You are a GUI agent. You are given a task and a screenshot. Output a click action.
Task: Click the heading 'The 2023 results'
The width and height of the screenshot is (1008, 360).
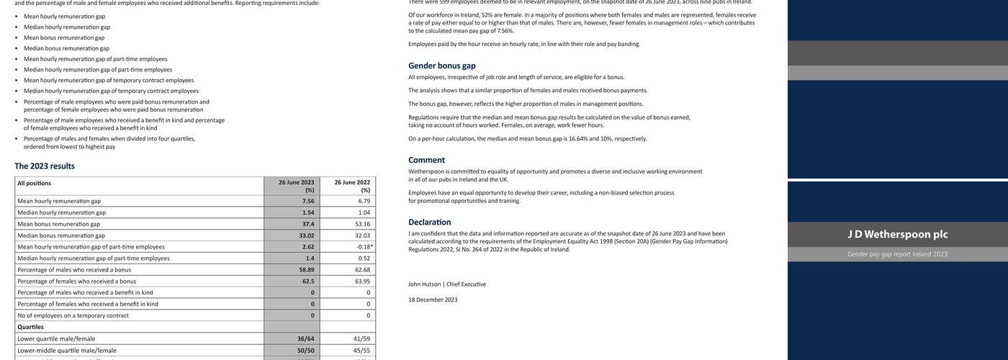pos(45,166)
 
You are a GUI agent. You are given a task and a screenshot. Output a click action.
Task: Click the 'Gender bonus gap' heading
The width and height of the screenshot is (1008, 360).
pos(441,66)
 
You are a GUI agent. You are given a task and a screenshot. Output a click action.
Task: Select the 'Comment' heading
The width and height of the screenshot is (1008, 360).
pos(426,160)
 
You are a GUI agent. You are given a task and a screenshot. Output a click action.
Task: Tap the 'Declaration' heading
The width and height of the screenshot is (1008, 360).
pos(429,222)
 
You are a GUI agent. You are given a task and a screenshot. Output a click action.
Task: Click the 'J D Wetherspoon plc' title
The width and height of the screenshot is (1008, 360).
pos(897,234)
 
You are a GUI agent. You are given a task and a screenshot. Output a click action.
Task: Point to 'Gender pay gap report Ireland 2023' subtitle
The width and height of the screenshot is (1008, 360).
pos(897,254)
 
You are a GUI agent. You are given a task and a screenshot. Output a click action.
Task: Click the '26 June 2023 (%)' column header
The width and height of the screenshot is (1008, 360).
pos(296,186)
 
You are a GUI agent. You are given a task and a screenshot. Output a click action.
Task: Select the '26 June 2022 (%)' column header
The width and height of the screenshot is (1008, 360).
pos(351,186)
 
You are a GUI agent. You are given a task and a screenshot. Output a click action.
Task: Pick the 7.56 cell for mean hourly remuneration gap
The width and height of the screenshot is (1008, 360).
pos(308,201)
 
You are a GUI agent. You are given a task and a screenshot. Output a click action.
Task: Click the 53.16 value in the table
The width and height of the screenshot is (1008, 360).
pos(362,224)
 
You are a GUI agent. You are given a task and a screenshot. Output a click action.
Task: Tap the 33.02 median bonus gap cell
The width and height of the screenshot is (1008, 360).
pos(307,235)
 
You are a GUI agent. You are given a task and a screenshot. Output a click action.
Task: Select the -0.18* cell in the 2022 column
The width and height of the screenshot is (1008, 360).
pos(364,247)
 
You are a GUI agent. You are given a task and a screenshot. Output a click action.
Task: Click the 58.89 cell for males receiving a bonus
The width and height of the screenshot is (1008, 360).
pos(307,270)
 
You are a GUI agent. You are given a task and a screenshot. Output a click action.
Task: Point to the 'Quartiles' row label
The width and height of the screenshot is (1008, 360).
pos(30,327)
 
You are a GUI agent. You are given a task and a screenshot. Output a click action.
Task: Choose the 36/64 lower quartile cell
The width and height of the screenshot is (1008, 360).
pos(306,338)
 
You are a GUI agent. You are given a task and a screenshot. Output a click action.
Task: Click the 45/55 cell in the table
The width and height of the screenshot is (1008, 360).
pos(361,350)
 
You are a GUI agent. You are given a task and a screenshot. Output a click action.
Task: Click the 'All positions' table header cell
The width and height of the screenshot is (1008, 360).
pos(34,183)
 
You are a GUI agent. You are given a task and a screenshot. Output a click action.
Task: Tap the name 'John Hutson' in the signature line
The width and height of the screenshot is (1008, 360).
pos(424,284)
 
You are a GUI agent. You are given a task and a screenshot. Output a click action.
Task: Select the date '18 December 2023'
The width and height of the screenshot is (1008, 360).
pos(433,300)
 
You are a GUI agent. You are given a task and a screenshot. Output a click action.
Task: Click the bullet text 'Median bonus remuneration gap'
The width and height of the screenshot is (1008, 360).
pos(66,48)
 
